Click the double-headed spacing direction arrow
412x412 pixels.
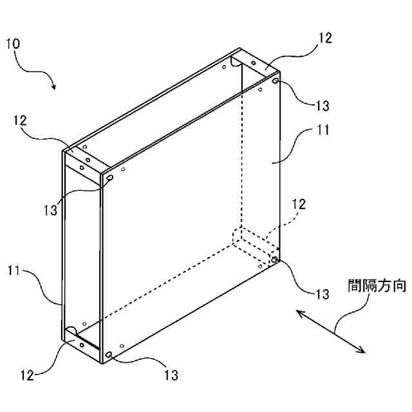pos(331,331)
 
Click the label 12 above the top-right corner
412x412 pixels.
pos(325,38)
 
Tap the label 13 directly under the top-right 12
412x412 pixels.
pos(323,105)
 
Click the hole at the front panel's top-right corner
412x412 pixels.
pos(276,82)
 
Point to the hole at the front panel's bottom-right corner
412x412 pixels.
pos(275,259)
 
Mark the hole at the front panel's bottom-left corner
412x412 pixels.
pos(109,355)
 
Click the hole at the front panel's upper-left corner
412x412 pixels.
pos(109,178)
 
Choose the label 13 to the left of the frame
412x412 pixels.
pos(51,208)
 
